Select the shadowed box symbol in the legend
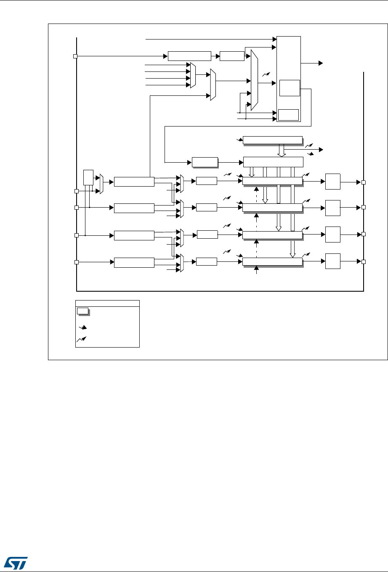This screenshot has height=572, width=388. point(83,311)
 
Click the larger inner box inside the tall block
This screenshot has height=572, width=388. point(289,88)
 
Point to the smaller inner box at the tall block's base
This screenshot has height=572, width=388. point(288,114)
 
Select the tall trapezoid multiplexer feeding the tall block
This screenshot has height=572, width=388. point(254,80)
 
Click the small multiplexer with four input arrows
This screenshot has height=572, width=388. point(193,75)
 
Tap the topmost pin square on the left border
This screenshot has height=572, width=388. point(76,56)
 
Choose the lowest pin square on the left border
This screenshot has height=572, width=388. point(77,262)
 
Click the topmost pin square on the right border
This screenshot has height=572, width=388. point(364,182)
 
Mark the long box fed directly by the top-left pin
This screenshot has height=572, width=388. point(189,56)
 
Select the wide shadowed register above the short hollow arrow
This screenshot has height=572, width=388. point(273,140)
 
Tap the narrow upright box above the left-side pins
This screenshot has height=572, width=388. point(88,177)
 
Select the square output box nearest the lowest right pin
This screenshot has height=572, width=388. point(333,261)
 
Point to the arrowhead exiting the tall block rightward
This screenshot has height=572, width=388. point(320,63)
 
